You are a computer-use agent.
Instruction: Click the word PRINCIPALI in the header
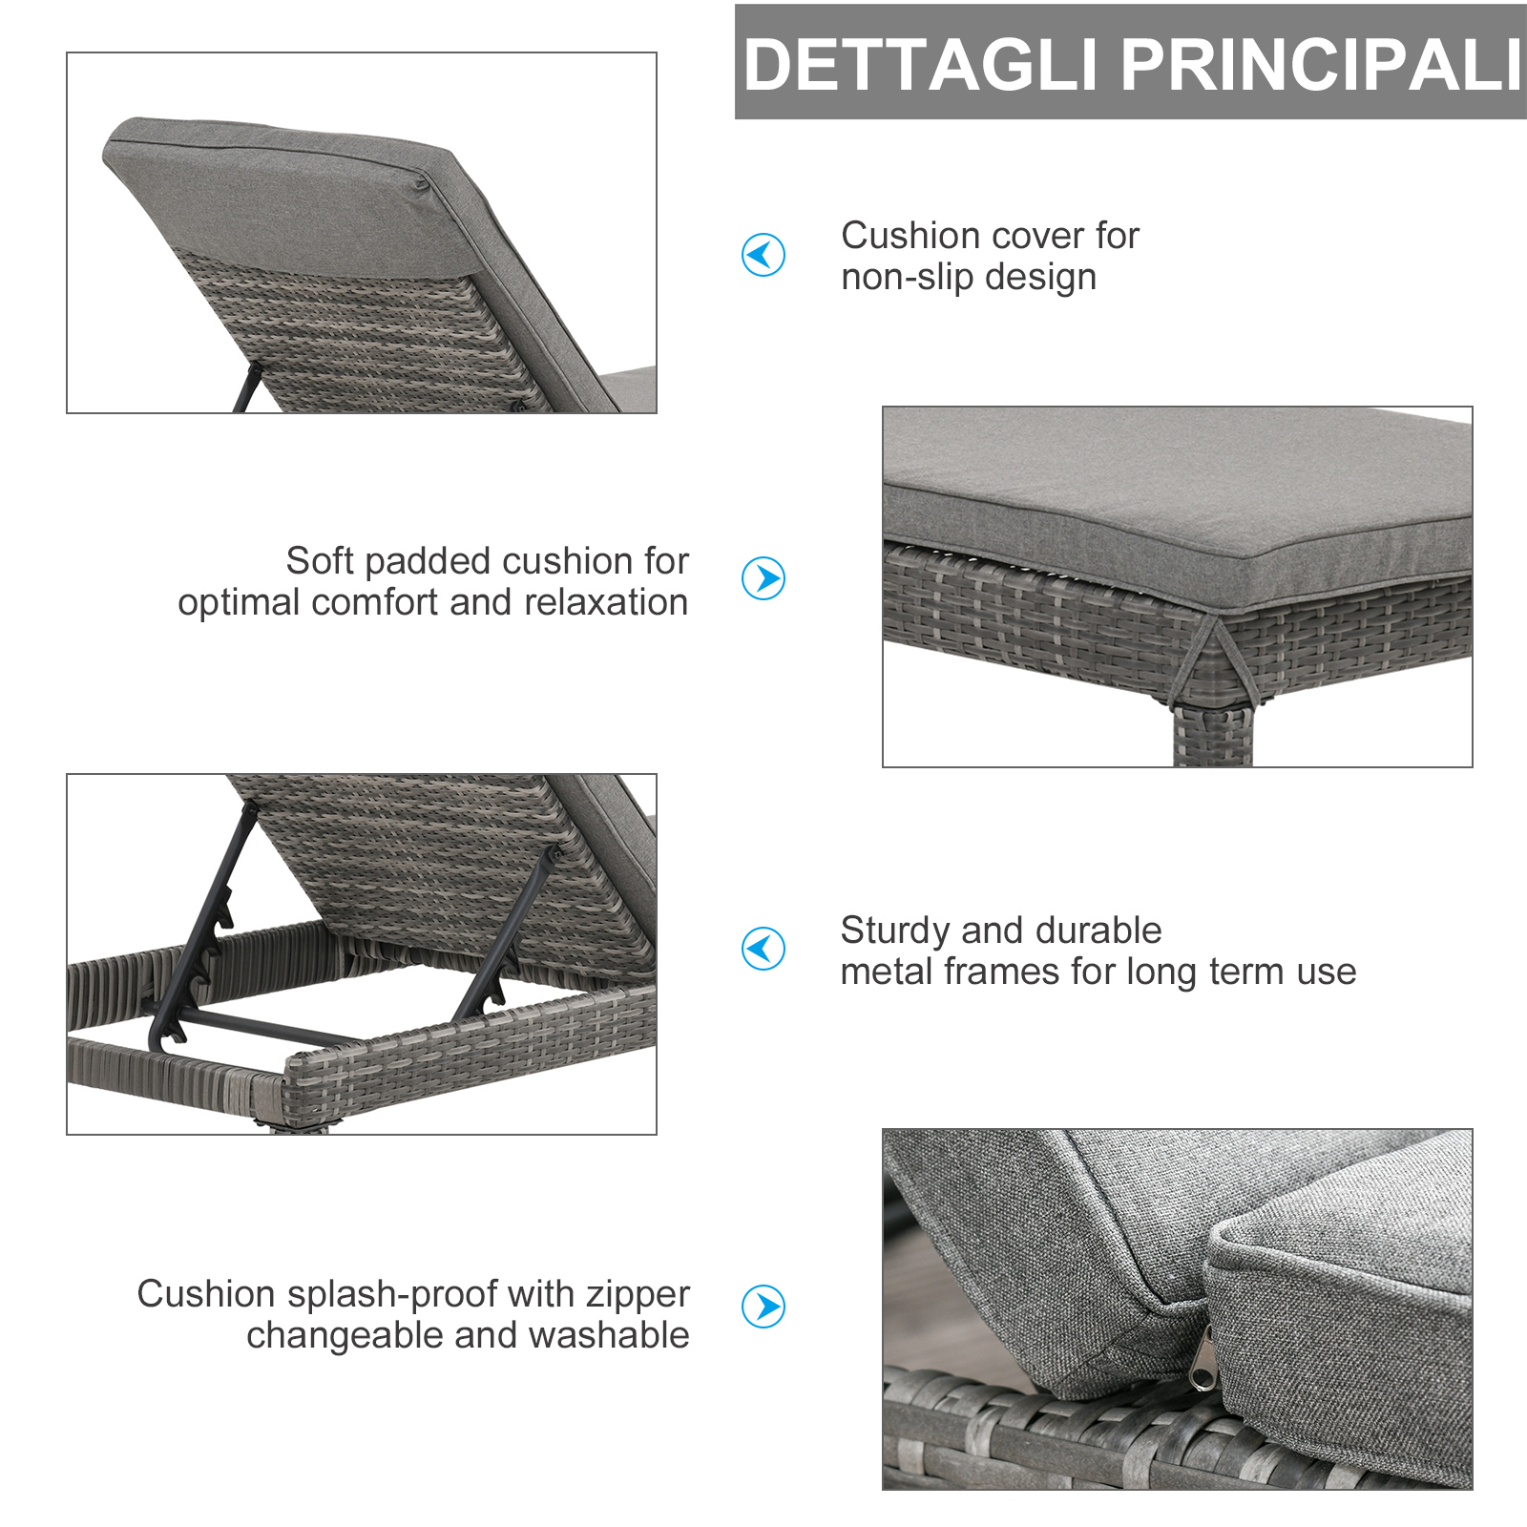pyautogui.click(x=1321, y=65)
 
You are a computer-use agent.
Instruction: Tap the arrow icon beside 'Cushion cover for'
pyautogui.click(x=763, y=255)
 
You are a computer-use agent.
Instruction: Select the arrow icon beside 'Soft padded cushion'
pyautogui.click(x=763, y=578)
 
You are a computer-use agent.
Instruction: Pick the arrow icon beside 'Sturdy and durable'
pyautogui.click(x=763, y=949)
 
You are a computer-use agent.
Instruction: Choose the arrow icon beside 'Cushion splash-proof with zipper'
pyautogui.click(x=763, y=1307)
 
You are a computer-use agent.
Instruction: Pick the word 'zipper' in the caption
pyautogui.click(x=638, y=1295)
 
